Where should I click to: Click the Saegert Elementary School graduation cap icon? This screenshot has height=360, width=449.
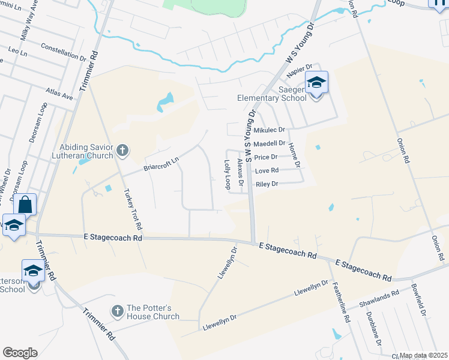[x=316, y=82]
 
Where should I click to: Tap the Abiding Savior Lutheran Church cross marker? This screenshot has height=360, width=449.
[x=122, y=150]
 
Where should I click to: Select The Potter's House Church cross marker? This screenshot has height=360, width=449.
[x=118, y=311]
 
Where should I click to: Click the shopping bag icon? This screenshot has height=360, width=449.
[x=26, y=204]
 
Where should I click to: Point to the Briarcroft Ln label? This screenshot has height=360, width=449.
[x=161, y=164]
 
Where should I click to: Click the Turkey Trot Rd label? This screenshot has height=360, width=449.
[x=133, y=211]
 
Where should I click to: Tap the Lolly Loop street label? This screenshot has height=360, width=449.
[x=228, y=175]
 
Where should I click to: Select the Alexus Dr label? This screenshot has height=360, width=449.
[x=241, y=173]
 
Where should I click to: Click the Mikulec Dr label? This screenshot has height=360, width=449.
[x=269, y=130]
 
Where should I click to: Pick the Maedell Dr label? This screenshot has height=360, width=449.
[x=269, y=143]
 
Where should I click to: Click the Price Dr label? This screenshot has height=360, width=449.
[x=265, y=157]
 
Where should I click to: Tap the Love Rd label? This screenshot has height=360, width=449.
[x=266, y=171]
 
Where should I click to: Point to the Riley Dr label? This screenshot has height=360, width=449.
[x=267, y=184]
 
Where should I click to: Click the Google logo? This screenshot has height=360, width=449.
[x=20, y=353]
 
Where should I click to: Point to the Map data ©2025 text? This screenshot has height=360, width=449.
[x=423, y=355]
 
